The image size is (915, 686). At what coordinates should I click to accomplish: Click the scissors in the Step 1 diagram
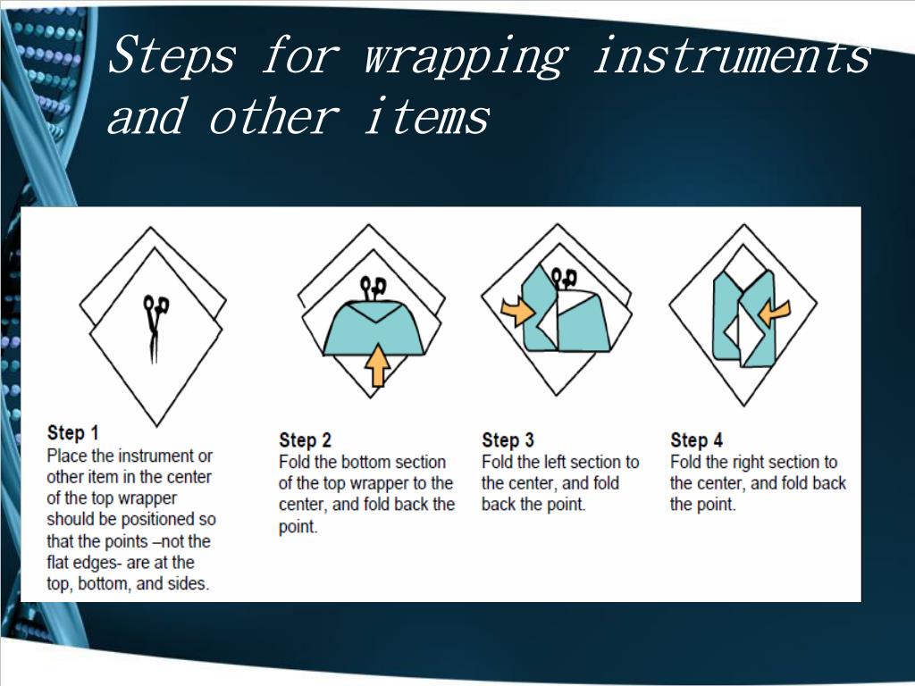pos(155,329)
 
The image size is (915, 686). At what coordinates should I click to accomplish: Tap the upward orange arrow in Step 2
pos(378,364)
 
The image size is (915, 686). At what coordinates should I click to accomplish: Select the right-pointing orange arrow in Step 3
pos(517,311)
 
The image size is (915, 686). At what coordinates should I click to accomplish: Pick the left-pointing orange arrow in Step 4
pos(774,314)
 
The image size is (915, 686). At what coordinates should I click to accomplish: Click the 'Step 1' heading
pos(73,433)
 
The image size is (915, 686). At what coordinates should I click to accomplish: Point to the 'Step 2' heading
pos(305,439)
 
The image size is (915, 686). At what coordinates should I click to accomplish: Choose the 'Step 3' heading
pos(508,439)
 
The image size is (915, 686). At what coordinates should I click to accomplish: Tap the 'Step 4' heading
pos(696,439)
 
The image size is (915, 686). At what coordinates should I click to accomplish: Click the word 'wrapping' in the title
pos(466,56)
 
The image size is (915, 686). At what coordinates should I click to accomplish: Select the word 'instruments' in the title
pos(733,54)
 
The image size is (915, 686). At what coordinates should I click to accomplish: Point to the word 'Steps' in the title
pos(172,54)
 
